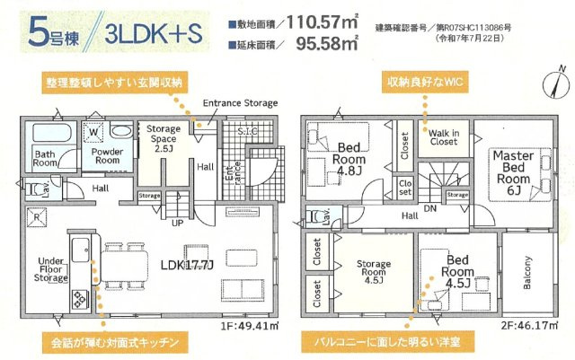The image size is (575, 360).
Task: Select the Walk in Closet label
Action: click(x=442, y=136)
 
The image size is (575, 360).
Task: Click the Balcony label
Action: click(x=527, y=273)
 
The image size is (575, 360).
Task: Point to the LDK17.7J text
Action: click(x=185, y=267)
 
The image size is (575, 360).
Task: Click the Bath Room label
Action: click(x=46, y=159)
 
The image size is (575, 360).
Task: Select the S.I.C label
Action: click(x=247, y=134)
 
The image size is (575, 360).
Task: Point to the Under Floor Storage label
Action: click(x=50, y=269)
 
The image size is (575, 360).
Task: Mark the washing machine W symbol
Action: click(x=93, y=131)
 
